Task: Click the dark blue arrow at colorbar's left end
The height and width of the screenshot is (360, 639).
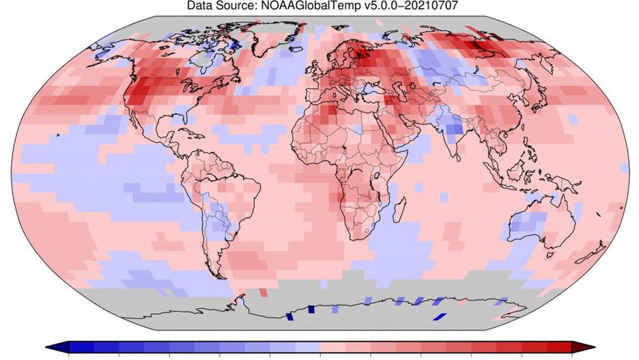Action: [58, 347]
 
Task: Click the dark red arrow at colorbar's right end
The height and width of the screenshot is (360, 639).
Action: [581, 347]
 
